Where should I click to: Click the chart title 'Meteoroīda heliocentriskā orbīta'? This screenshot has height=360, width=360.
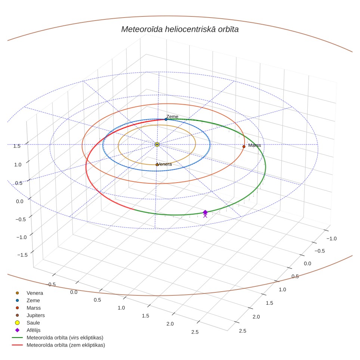[x=180, y=30]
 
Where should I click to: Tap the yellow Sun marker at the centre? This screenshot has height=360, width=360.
[x=157, y=145]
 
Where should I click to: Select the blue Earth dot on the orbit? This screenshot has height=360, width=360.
[x=166, y=120]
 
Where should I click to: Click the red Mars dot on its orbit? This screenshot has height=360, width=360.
[x=244, y=146]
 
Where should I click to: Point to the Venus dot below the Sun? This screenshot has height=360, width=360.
[x=157, y=165]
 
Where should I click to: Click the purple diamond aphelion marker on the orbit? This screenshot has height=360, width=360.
[x=205, y=212]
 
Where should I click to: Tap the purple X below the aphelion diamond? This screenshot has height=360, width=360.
[x=205, y=216]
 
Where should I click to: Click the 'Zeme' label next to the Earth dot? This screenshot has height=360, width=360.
[x=172, y=117]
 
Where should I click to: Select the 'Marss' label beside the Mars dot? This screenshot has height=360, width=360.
[x=255, y=145]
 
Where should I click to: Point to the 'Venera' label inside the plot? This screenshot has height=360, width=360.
[x=165, y=164]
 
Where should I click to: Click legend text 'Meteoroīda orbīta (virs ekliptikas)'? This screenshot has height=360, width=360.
[x=65, y=338]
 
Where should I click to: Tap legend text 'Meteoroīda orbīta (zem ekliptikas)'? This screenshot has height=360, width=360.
[x=66, y=345]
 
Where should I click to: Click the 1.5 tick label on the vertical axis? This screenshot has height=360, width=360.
[x=17, y=146]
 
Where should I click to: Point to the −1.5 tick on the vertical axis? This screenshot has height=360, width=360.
[x=22, y=255]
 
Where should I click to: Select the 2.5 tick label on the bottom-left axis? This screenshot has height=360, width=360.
[x=195, y=332]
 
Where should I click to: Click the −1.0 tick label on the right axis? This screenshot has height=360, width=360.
[x=332, y=239]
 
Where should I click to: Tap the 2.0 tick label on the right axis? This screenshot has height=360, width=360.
[x=256, y=317]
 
